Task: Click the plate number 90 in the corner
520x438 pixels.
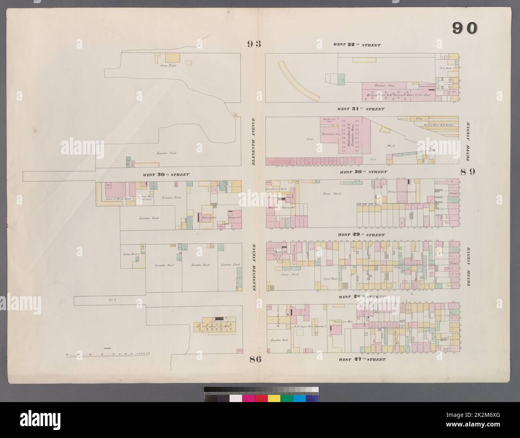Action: click(465, 28)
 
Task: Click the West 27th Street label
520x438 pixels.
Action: click(362, 359)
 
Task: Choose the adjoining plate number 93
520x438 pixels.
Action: click(254, 44)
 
